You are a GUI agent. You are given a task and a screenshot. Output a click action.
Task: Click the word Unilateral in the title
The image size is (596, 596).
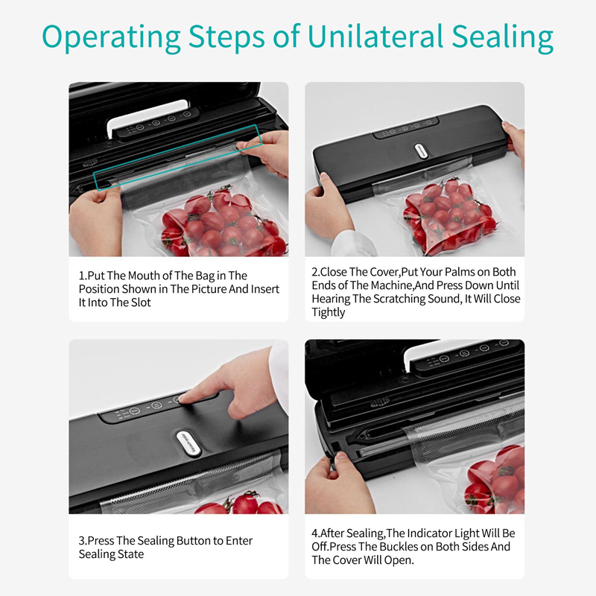coord(375,37)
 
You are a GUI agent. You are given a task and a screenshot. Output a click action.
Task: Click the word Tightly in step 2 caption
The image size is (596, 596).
coord(329,312)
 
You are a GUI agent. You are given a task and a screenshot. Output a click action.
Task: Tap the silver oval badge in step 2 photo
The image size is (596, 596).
coord(422,151)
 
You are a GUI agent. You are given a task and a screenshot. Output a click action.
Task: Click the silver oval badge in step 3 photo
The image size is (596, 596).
coord(188,443)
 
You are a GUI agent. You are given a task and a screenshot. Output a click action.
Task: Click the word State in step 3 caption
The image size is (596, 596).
coord(130,554)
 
